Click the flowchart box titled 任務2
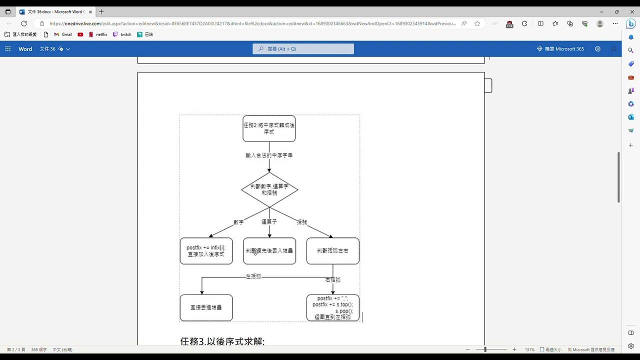click(x=269, y=128)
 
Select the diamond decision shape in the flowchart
click(x=269, y=189)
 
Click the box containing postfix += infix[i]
click(x=206, y=250)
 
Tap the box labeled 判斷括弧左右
click(x=332, y=250)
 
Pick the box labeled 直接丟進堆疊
click(x=206, y=307)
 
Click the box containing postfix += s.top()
click(x=332, y=307)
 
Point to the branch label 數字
click(x=238, y=222)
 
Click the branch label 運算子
click(x=269, y=221)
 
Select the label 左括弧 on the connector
click(x=253, y=276)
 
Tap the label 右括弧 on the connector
click(x=332, y=280)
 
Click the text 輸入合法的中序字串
click(x=269, y=155)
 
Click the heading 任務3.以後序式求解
click(x=222, y=341)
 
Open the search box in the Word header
click(x=303, y=49)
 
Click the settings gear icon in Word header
click(x=597, y=49)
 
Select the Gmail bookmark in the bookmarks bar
click(x=63, y=34)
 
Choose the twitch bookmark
click(x=122, y=34)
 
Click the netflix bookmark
click(x=98, y=34)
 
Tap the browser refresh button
click(x=24, y=23)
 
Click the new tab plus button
click(x=101, y=11)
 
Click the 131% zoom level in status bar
click(x=529, y=349)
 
